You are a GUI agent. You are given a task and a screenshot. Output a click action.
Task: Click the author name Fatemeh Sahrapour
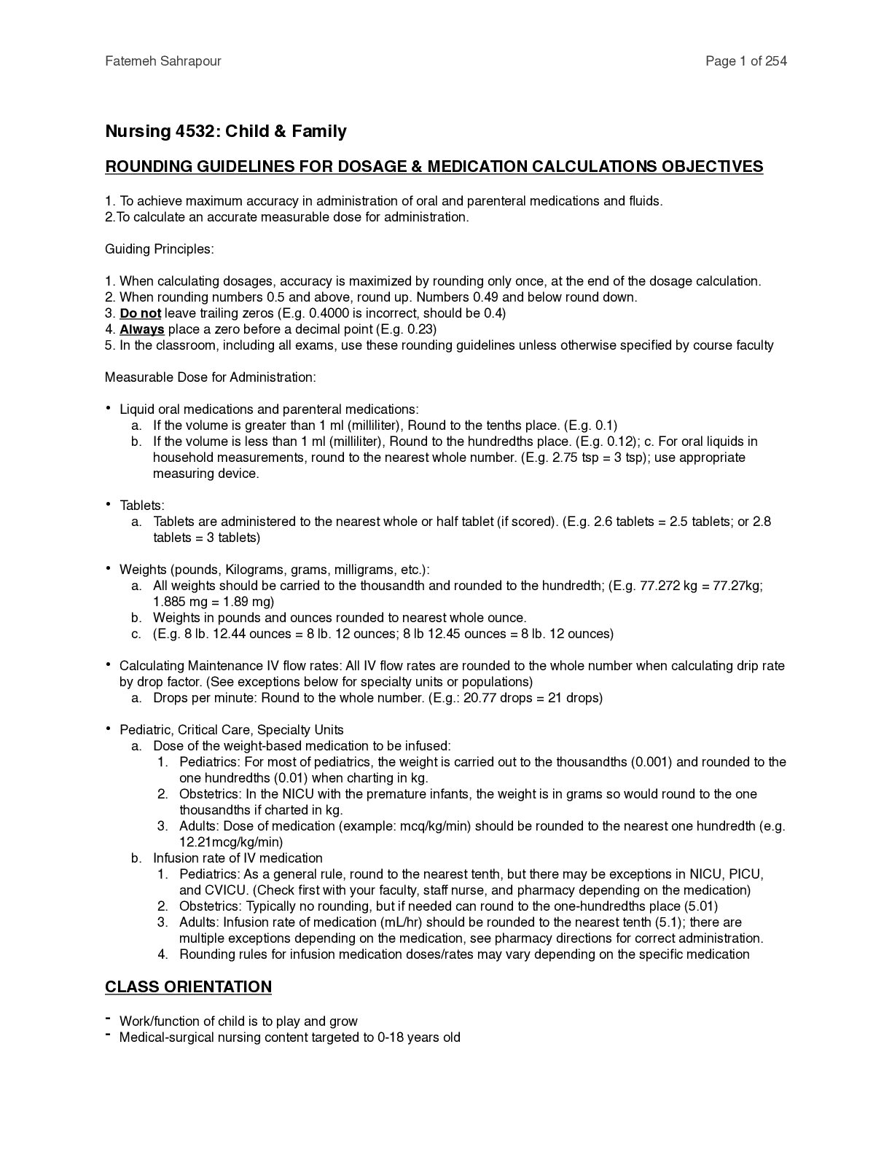click(x=163, y=61)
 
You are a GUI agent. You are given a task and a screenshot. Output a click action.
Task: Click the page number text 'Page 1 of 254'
click(x=746, y=61)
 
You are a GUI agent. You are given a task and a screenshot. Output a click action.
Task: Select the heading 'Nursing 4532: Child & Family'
click(x=226, y=131)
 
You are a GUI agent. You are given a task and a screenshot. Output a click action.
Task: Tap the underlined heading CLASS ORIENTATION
click(x=188, y=986)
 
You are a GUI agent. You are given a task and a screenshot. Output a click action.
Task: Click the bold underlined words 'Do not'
click(x=140, y=313)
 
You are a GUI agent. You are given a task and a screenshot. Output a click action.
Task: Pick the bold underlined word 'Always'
click(x=141, y=329)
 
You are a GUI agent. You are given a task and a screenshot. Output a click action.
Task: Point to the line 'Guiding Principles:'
click(x=160, y=249)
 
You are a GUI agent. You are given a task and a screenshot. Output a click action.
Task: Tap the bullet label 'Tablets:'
click(x=142, y=506)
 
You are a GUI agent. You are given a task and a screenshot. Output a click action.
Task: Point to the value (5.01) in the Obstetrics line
click(x=697, y=906)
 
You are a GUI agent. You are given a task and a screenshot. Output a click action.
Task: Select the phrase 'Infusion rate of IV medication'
click(x=238, y=858)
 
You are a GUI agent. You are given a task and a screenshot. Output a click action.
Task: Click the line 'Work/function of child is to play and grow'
click(x=238, y=1021)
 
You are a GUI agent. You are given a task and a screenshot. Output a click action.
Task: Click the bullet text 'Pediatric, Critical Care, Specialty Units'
click(x=232, y=730)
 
